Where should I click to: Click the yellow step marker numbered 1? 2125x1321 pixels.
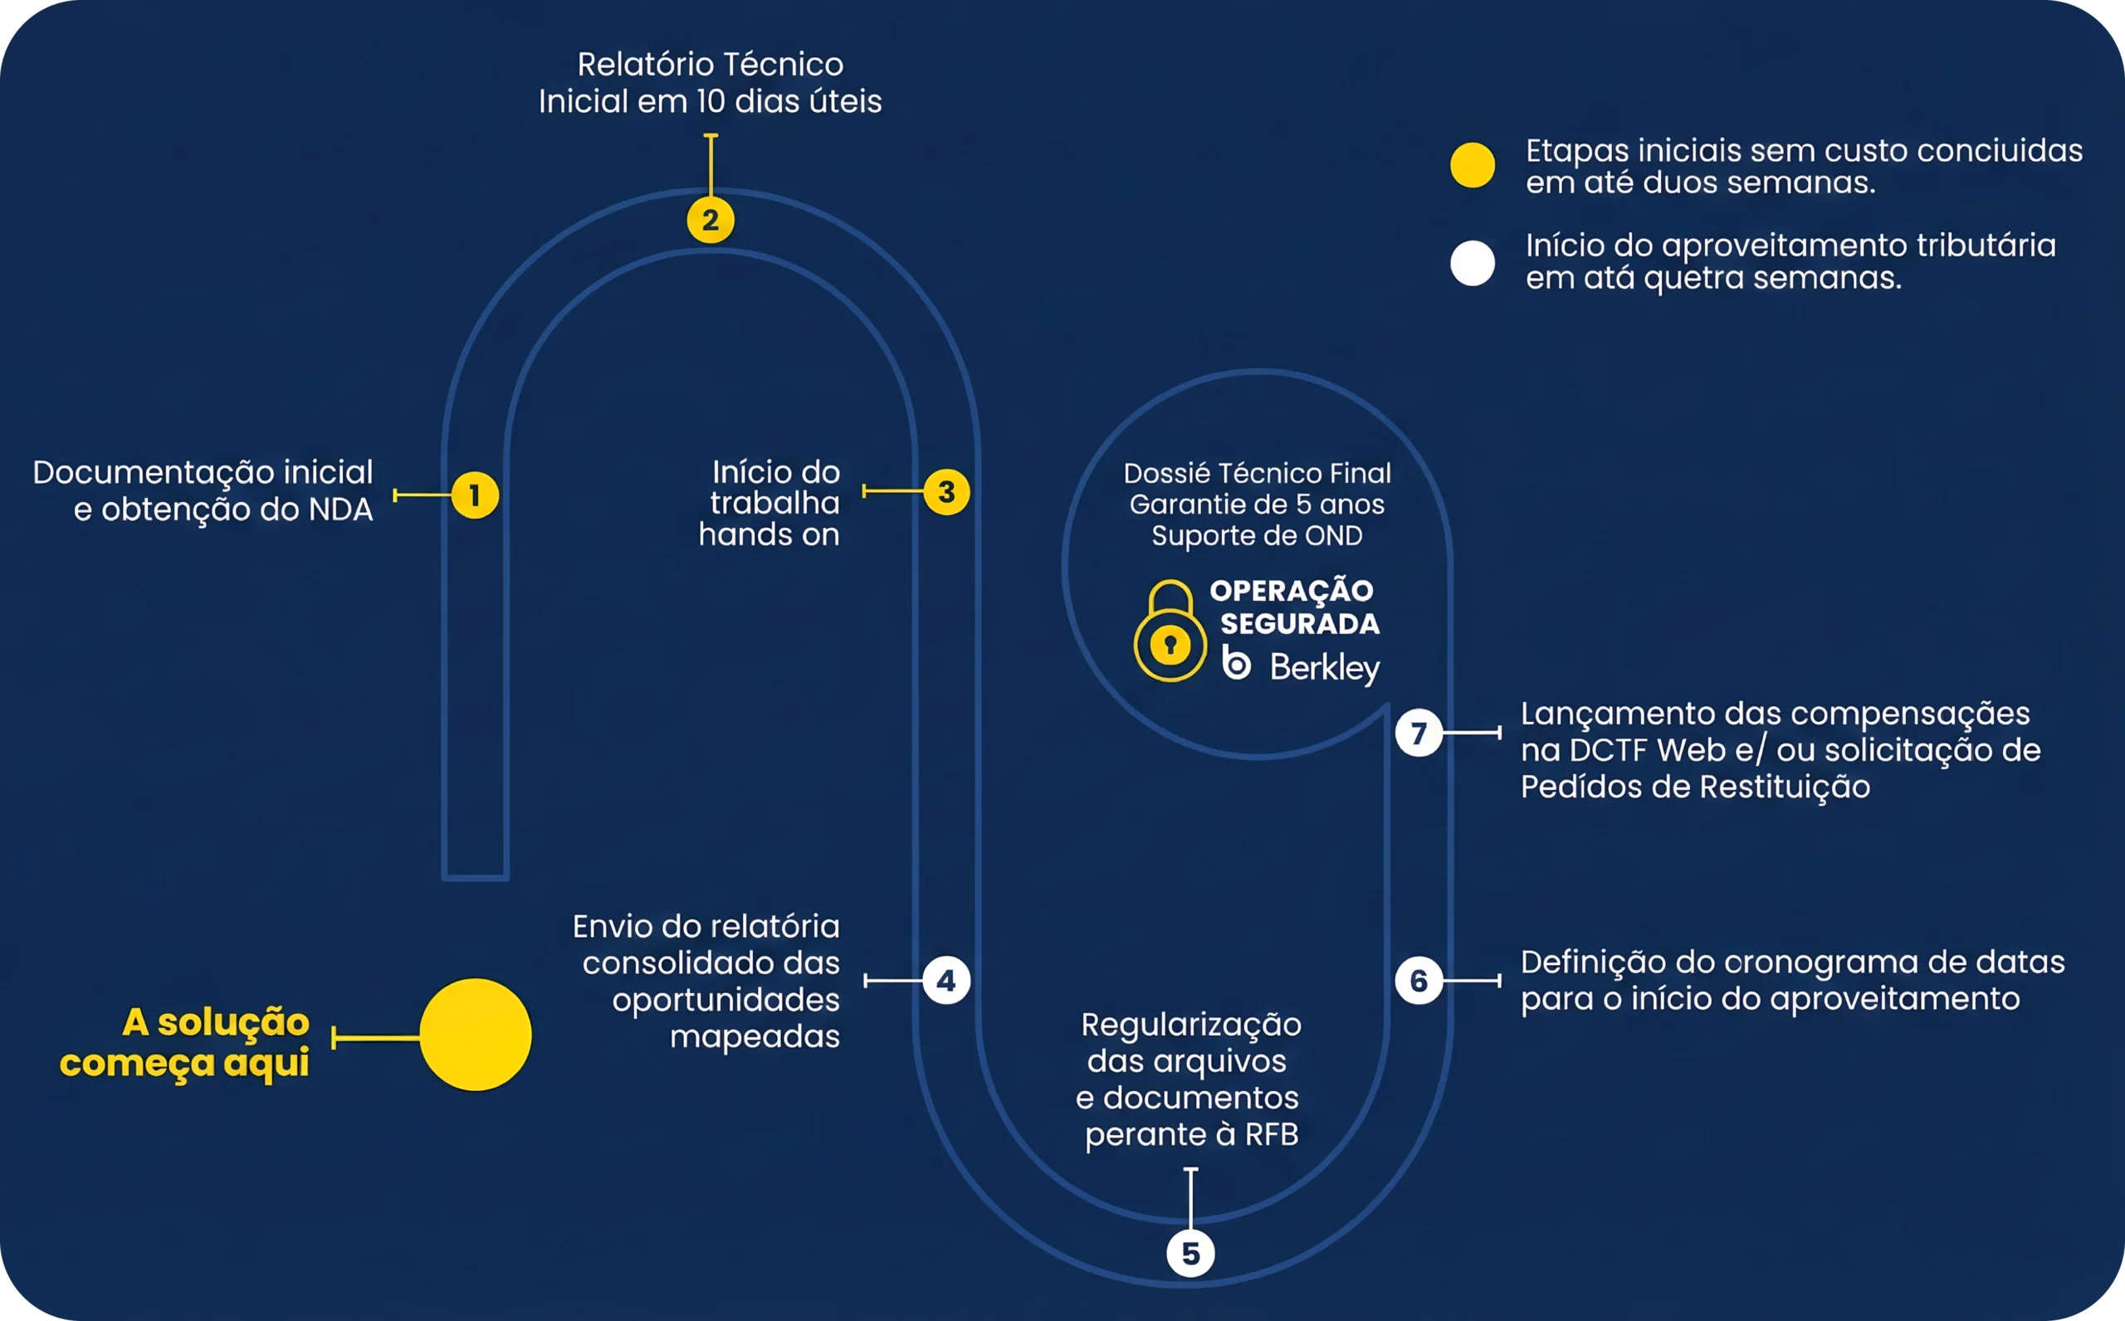tap(475, 495)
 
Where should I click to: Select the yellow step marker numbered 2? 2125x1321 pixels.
tap(711, 220)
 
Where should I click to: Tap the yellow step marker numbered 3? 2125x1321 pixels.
tap(946, 492)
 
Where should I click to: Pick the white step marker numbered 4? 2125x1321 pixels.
tap(946, 981)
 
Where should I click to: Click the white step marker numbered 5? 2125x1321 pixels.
tap(1191, 1254)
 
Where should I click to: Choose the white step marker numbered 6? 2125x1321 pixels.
tap(1419, 981)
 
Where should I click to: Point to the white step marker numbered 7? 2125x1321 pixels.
tap(1419, 732)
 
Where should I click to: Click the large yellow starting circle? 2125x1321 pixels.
tap(476, 1035)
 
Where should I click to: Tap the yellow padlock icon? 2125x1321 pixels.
tap(1170, 631)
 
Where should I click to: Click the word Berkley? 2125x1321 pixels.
tap(1325, 667)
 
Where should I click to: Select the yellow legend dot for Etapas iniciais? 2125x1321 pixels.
tap(1473, 165)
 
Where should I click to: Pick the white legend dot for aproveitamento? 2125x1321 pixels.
tap(1473, 263)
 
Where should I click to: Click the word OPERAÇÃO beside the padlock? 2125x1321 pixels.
tap(1292, 591)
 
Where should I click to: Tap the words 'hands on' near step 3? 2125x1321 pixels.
tap(769, 534)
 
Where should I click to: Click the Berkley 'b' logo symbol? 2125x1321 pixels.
tap(1236, 664)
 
